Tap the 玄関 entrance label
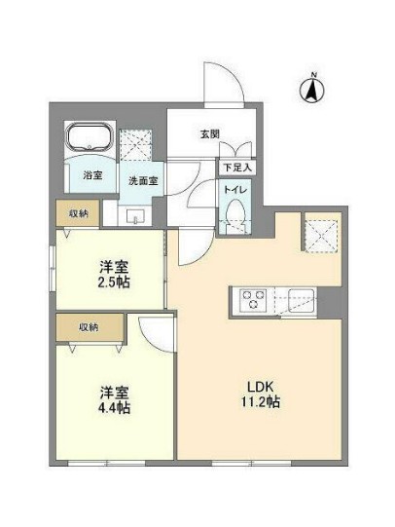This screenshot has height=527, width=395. tap(211, 134)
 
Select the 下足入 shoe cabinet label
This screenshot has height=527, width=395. tap(234, 168)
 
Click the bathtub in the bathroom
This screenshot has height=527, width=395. tap(90, 140)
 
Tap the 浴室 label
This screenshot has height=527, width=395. tap(91, 176)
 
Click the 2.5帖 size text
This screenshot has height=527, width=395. tap(114, 282)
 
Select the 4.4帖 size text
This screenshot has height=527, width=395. tap(114, 407)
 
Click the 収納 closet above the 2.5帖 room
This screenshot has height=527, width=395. tap(79, 213)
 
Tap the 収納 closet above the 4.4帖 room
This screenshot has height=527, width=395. tap(89, 327)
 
